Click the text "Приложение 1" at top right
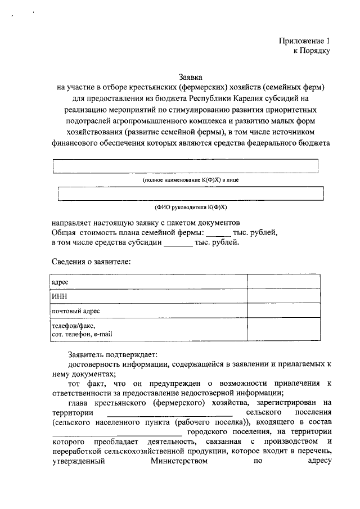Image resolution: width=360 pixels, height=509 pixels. [304, 41]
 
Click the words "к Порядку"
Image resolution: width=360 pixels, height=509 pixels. [311, 51]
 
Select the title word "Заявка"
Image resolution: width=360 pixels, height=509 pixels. [190, 76]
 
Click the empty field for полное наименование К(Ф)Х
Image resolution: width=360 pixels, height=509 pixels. [186, 166]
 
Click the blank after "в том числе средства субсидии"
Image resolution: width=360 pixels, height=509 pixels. [178, 243]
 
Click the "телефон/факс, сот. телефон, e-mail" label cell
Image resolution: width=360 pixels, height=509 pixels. [82, 330]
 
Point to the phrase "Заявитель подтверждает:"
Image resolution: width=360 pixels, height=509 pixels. [113, 354]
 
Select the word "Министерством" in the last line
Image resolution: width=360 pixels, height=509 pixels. [179, 463]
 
